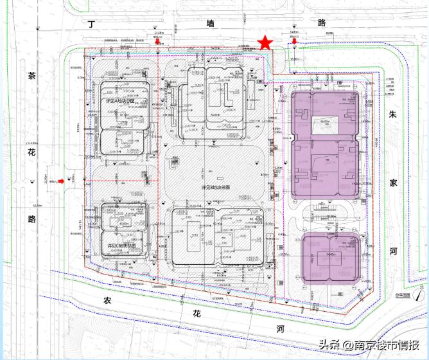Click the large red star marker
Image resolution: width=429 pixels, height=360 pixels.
264,43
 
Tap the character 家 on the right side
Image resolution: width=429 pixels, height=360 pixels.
394,182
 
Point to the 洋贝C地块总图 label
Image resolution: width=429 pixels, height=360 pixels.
120,246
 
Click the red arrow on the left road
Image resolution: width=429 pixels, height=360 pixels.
60,181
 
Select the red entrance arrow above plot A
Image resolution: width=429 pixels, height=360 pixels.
157,43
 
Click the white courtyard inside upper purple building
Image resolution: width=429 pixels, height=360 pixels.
325,125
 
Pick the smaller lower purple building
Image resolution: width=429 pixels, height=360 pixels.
329,258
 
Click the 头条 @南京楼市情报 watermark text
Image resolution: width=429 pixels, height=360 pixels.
373,345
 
